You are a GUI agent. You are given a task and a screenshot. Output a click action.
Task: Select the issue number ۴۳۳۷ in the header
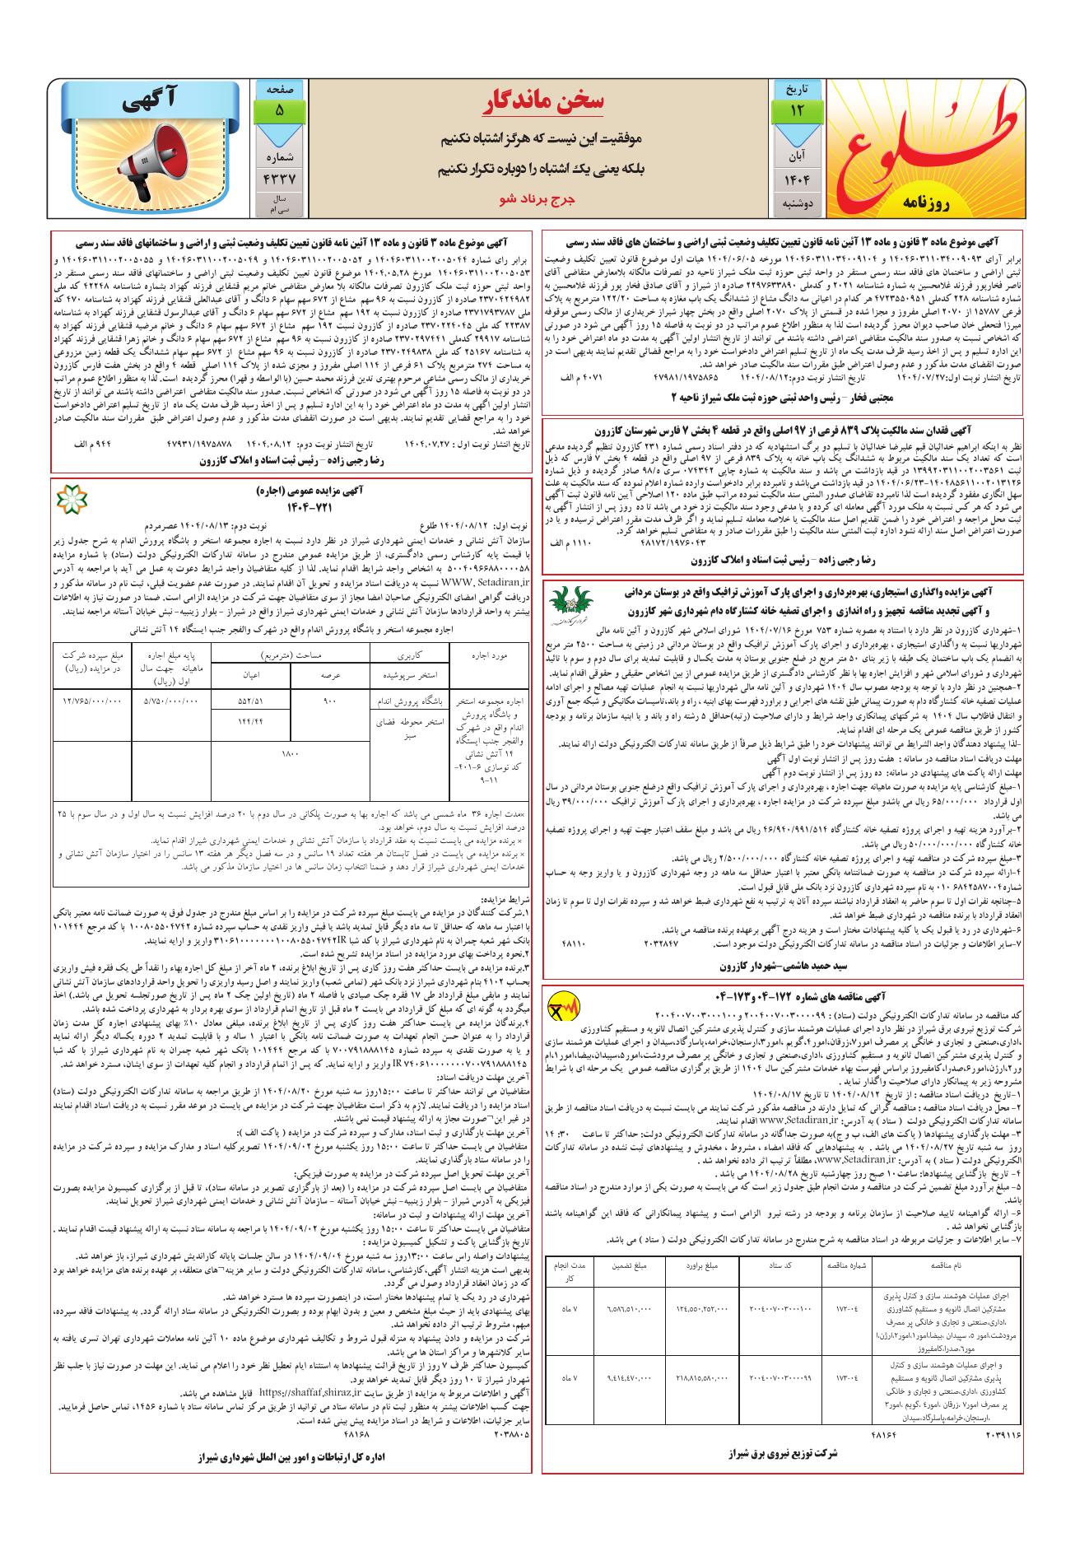tap(280, 177)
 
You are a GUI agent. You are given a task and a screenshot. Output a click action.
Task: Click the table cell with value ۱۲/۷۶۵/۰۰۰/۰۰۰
tap(91, 701)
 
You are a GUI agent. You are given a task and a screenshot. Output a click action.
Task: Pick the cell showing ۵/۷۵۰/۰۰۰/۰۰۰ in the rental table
tap(171, 701)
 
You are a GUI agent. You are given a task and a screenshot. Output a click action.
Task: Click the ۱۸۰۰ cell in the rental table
tap(289, 752)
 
